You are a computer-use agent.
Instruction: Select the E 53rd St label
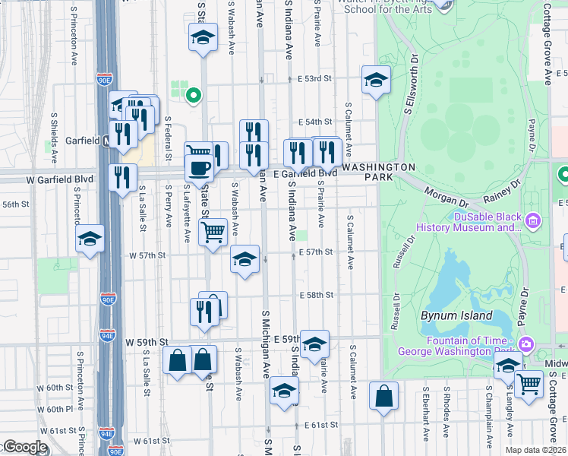315,78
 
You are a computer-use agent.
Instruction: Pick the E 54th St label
315,122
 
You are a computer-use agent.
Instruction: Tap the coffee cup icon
199,168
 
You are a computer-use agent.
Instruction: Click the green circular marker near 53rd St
193,96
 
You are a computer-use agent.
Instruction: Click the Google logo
24,447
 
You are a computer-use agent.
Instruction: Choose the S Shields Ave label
54,138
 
